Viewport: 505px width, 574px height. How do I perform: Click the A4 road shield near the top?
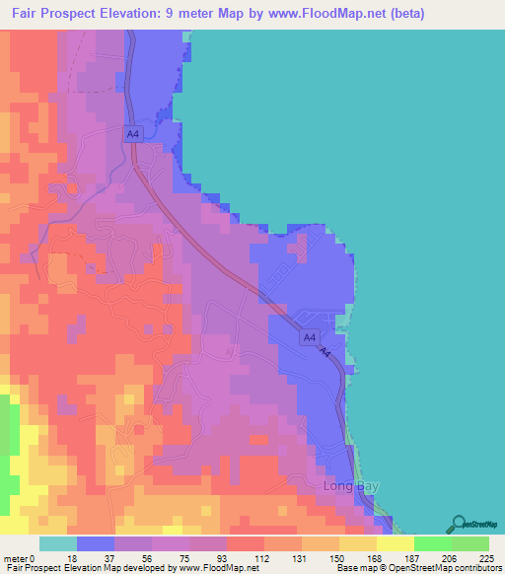[132, 132]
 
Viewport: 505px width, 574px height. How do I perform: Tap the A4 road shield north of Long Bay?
[310, 337]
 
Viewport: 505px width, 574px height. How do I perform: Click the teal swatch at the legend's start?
[57, 543]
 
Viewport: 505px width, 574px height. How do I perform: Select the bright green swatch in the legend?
[432, 543]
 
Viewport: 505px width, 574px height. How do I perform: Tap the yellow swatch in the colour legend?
[395, 543]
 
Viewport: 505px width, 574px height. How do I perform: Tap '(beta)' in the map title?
[411, 13]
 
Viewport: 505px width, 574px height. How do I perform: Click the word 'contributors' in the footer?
[477, 569]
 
